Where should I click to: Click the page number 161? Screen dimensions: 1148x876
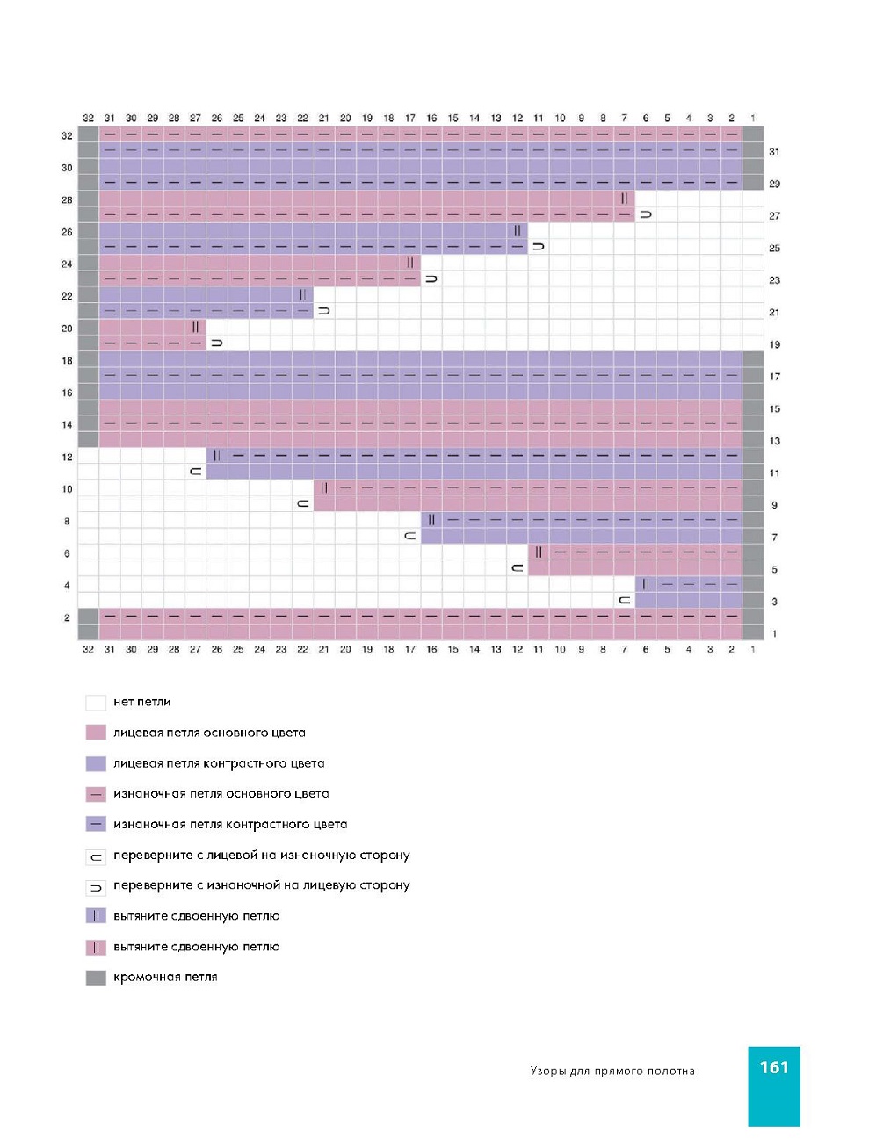point(774,1067)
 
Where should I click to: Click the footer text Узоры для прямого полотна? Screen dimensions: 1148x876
point(612,1071)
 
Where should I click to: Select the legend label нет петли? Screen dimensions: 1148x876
point(142,702)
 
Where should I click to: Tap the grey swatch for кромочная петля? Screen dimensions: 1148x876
point(96,978)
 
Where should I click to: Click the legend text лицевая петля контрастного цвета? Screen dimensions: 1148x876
point(219,763)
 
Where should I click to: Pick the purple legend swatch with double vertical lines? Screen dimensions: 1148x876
point(96,916)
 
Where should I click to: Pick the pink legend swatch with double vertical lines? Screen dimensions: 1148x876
point(96,947)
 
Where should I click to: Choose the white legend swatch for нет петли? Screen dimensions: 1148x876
point(96,702)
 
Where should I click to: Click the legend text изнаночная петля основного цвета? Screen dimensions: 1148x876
point(221,793)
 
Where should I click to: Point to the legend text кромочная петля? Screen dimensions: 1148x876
point(165,977)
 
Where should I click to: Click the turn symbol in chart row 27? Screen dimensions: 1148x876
point(646,215)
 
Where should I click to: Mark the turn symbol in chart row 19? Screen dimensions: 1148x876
point(217,343)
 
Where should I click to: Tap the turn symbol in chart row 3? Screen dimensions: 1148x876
point(624,601)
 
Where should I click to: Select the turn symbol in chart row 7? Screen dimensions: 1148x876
point(409,537)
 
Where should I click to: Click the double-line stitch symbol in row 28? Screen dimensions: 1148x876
point(624,199)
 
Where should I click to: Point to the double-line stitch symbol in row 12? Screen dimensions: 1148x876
point(217,456)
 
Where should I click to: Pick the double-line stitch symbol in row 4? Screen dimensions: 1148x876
point(646,584)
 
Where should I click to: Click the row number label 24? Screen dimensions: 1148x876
point(67,264)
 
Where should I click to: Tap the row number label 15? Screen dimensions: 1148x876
point(774,408)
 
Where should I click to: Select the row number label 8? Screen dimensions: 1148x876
point(67,521)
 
